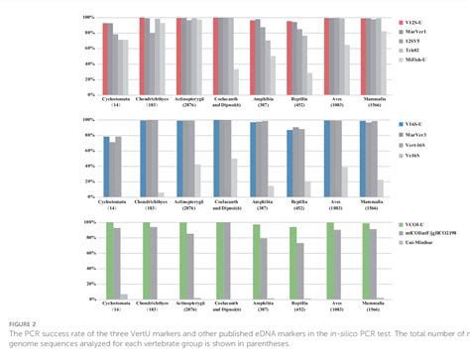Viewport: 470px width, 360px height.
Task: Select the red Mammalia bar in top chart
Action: click(364, 55)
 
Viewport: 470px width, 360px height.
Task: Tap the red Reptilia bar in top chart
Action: click(291, 57)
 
